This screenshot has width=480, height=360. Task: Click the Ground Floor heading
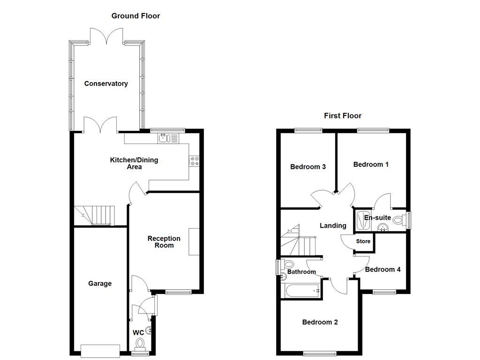click(135, 16)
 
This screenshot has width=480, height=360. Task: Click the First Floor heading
click(343, 116)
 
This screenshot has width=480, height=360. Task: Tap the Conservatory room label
click(106, 84)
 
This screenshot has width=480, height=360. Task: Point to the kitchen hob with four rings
click(194, 161)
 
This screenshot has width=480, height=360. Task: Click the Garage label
click(100, 284)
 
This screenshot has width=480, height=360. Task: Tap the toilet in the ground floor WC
click(140, 345)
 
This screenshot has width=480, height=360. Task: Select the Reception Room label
click(164, 242)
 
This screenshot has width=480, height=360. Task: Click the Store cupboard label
click(363, 242)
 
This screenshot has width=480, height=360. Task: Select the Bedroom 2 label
click(320, 322)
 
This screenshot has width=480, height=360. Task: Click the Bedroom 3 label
click(308, 167)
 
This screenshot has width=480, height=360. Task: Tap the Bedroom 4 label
click(382, 270)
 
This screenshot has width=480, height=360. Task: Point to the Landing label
click(333, 226)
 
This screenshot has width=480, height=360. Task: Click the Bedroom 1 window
click(373, 130)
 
